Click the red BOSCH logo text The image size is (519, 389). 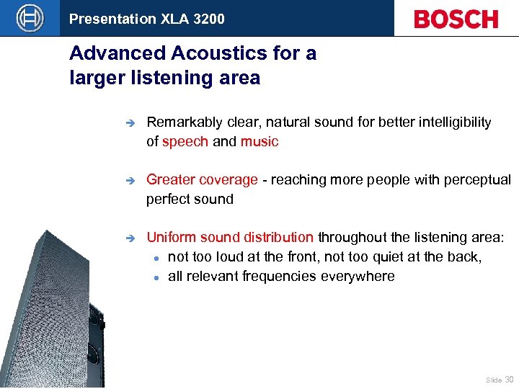[456, 19]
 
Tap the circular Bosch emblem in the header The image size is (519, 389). [30, 18]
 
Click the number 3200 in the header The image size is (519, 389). [208, 19]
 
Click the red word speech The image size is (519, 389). [185, 141]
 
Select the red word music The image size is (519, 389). [259, 141]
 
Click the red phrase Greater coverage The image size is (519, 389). [202, 179]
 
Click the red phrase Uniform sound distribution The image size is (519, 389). [230, 237]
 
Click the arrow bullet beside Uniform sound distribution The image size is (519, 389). [129, 238]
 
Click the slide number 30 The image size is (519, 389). [510, 378]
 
